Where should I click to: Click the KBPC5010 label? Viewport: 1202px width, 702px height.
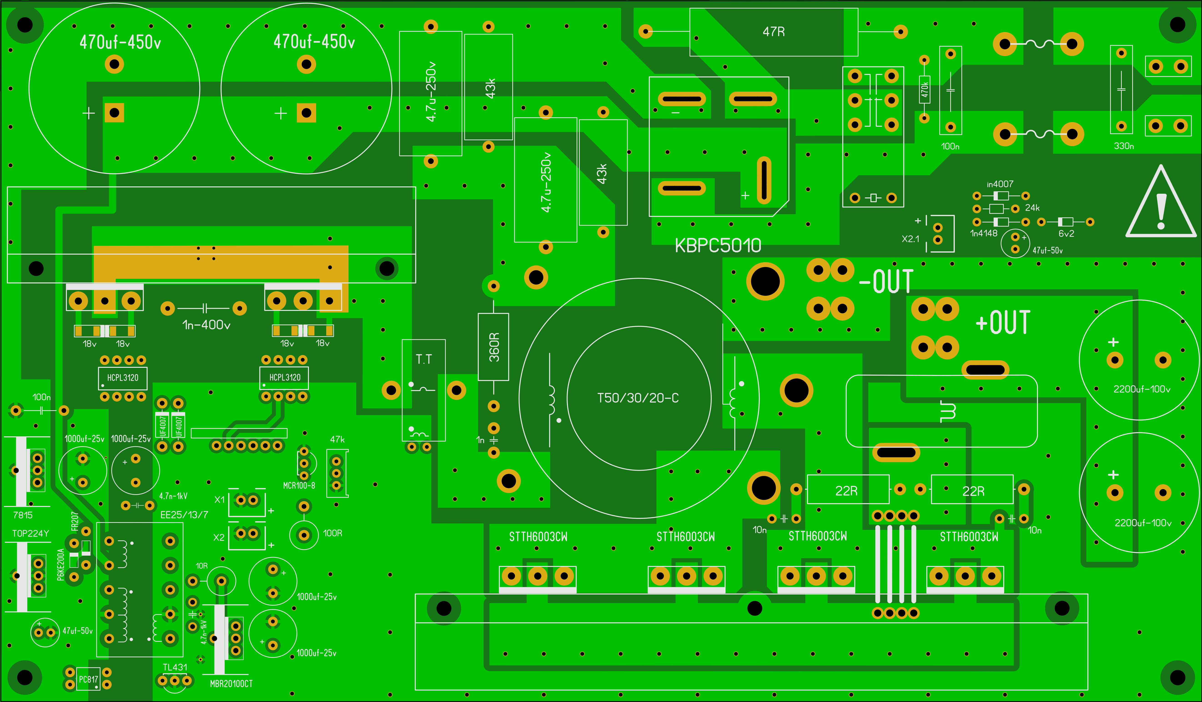[718, 246]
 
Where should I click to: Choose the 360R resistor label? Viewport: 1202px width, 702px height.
[494, 347]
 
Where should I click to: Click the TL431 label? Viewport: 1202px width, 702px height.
[175, 667]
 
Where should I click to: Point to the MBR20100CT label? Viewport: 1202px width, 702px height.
[231, 684]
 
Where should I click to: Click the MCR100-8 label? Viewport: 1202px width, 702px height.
[299, 486]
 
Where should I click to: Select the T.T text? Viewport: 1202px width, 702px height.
[424, 359]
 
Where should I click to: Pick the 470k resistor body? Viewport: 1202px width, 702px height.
[924, 90]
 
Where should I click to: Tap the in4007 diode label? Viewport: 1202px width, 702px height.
[1000, 184]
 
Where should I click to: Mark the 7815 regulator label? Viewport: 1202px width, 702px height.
[23, 515]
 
